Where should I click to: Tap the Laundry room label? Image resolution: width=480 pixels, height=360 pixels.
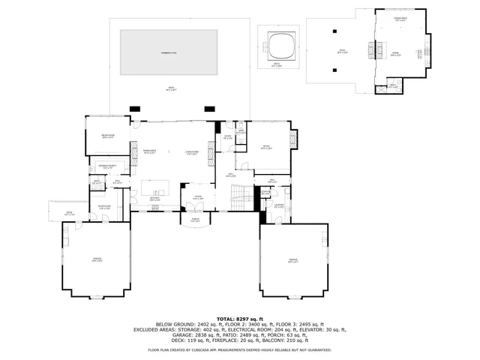coord(278,205)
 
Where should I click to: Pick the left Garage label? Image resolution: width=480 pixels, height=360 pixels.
coord(97,259)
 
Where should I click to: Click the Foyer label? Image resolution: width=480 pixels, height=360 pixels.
coord(197,197)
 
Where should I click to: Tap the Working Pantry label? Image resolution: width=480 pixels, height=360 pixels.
coord(107,167)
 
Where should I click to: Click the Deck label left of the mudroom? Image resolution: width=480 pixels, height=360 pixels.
coord(68,214)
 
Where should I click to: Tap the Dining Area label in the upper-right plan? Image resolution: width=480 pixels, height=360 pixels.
coord(400,19)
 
